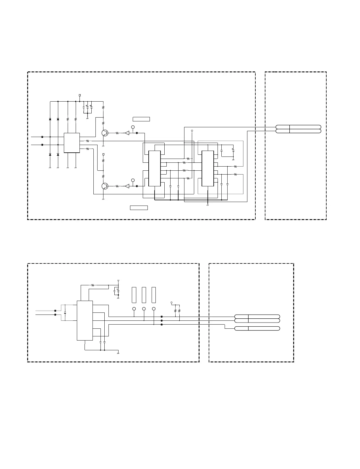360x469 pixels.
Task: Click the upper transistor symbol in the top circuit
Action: (x=105, y=133)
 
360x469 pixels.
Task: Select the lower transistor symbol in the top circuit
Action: (x=105, y=186)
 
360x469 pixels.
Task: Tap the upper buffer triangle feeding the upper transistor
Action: (x=127, y=133)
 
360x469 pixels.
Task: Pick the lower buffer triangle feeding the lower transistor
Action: (x=127, y=186)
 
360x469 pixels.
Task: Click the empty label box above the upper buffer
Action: (x=141, y=119)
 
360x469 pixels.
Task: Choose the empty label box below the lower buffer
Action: (x=139, y=208)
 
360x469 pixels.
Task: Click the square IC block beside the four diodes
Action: (x=72, y=143)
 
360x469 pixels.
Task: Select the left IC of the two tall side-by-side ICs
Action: (x=154, y=168)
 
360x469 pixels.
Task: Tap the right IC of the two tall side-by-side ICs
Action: (x=207, y=168)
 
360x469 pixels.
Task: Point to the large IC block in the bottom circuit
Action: (x=85, y=320)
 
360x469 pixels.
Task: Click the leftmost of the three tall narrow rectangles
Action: (x=134, y=295)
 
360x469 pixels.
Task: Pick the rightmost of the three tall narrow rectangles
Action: (x=154, y=295)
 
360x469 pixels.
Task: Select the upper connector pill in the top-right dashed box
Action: (x=298, y=127)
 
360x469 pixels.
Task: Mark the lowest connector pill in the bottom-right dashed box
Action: (x=257, y=328)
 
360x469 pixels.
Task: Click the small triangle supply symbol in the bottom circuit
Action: (x=118, y=280)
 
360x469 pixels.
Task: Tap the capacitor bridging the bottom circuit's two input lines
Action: (x=65, y=312)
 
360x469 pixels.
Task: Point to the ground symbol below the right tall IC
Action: (x=207, y=205)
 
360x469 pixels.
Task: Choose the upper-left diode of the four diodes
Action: (x=50, y=119)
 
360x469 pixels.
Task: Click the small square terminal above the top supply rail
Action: (x=80, y=95)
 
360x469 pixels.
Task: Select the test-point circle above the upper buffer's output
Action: (x=133, y=127)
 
